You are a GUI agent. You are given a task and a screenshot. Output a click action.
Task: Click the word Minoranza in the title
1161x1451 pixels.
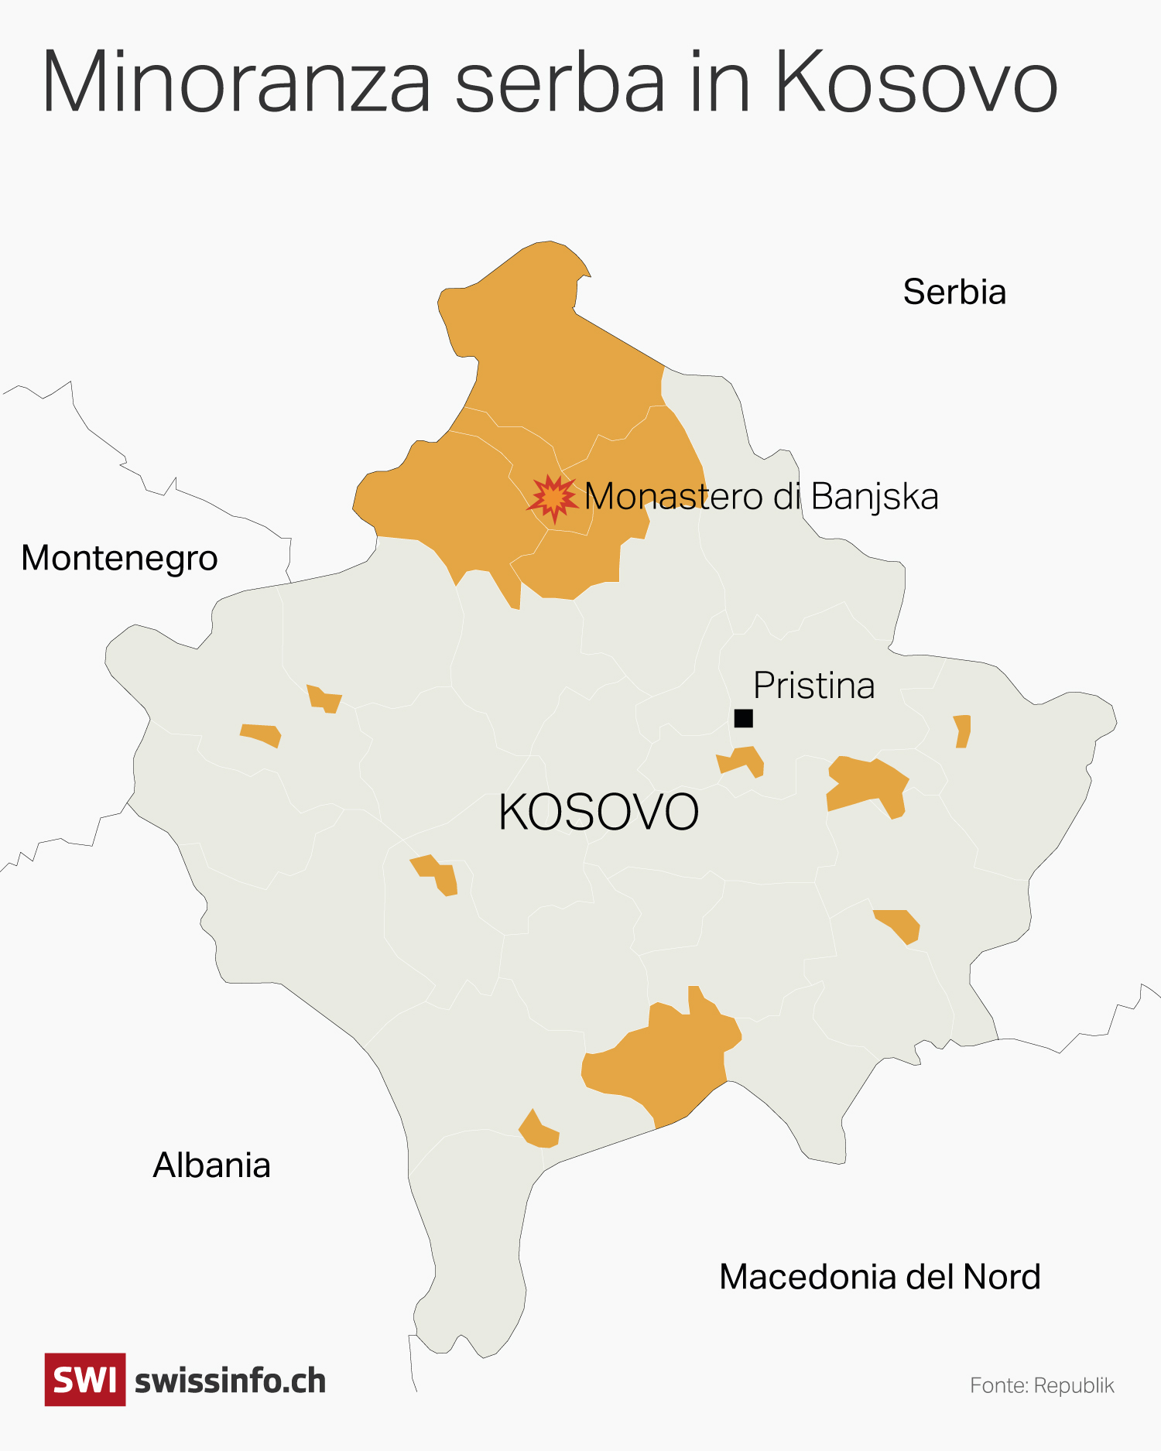click(x=236, y=82)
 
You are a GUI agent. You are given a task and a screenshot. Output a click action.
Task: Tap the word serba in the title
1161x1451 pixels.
click(x=560, y=82)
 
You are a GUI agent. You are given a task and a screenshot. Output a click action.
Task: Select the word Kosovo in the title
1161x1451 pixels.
click(x=916, y=82)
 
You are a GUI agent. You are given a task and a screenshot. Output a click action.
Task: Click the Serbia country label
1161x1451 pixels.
click(x=954, y=293)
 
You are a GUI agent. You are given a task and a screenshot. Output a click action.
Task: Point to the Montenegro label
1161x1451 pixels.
click(x=119, y=559)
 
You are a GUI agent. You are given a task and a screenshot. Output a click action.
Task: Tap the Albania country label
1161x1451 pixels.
click(x=211, y=1165)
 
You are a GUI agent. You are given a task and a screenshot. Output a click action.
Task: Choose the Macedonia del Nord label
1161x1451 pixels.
click(x=879, y=1277)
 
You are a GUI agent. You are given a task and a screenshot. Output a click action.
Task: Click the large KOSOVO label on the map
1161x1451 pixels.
click(x=598, y=813)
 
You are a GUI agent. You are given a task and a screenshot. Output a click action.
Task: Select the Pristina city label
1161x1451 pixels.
click(x=813, y=686)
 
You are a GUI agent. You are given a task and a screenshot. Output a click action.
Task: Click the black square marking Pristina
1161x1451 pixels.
click(x=743, y=718)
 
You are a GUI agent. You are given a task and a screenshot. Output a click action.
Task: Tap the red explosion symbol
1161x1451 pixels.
click(x=553, y=498)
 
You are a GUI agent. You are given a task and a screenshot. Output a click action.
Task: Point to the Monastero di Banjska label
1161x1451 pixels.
click(x=762, y=497)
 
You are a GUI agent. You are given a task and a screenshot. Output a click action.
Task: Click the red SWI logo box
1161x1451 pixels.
click(x=85, y=1380)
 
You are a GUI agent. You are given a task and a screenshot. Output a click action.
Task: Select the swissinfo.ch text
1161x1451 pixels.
click(x=230, y=1381)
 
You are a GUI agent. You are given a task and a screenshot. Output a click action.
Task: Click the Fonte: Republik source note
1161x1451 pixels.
click(x=1042, y=1385)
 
